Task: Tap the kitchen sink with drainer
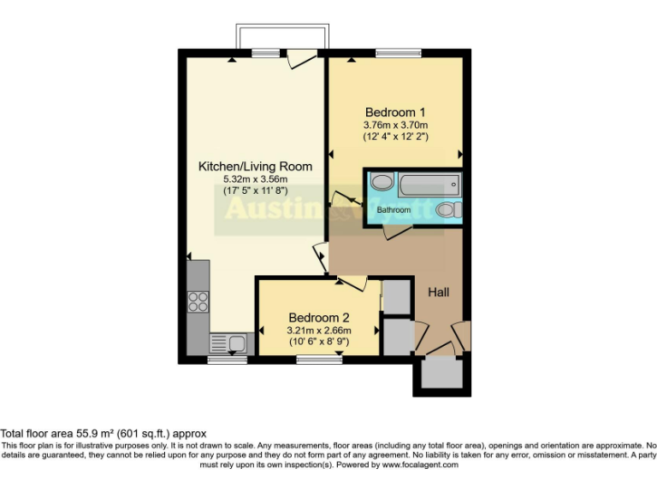coord(228,343)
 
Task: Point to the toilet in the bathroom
coord(446,210)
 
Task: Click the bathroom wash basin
coord(382,183)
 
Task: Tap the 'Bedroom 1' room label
coord(395,113)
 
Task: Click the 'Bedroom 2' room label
coord(318,317)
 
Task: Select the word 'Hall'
coord(438,292)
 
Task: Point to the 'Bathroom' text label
coord(394,209)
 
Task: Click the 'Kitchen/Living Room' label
coord(255,167)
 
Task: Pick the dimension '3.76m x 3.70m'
coord(395,126)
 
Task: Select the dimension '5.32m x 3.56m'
coord(255,179)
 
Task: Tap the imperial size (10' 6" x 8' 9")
coord(318,343)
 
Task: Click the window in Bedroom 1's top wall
coord(392,54)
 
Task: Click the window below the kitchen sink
coord(227,360)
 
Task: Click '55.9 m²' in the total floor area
coord(93,434)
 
